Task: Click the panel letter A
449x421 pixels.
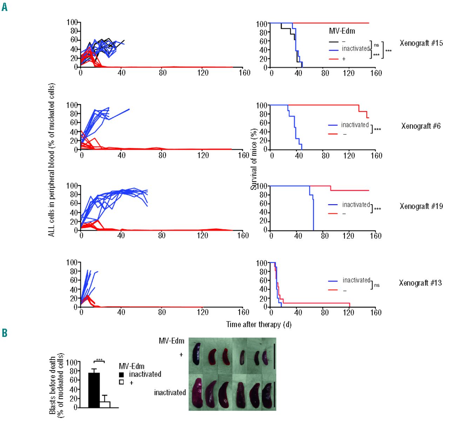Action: coord(5,7)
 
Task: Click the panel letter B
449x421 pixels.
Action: coord(5,332)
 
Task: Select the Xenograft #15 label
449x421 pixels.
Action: coord(421,43)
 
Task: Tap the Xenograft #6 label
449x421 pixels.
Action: coord(421,126)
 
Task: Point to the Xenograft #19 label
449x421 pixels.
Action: coord(421,206)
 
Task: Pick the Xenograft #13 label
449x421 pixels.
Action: coord(420,283)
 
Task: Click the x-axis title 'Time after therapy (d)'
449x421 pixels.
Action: coord(259,324)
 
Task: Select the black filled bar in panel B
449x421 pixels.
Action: coord(94,390)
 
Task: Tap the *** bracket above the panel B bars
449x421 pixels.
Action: coord(99,360)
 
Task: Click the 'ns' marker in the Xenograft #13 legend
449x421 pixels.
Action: coord(377,285)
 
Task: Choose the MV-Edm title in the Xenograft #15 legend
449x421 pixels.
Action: coord(342,31)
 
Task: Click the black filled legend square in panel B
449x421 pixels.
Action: coord(121,374)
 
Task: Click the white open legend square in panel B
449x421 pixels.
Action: coord(121,382)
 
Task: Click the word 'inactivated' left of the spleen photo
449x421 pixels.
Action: coord(170,393)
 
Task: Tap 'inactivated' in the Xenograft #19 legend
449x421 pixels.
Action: coord(356,204)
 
